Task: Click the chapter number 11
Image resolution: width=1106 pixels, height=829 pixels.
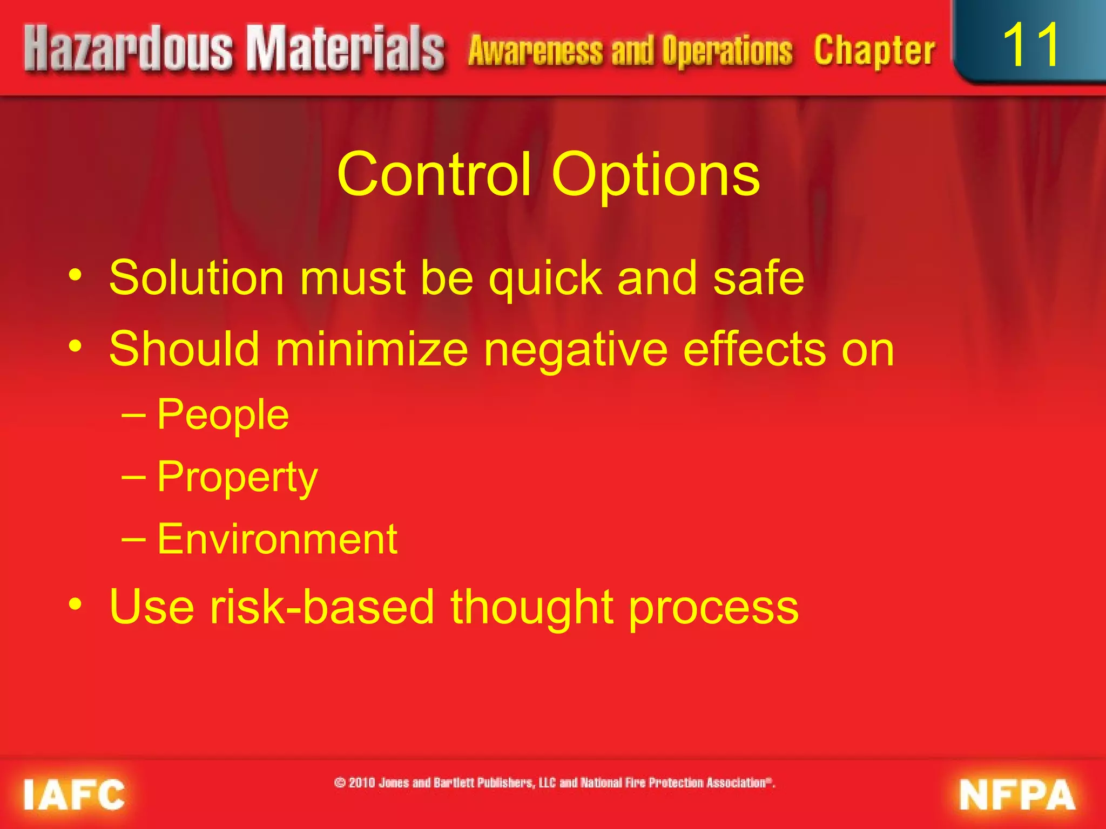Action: (1031, 45)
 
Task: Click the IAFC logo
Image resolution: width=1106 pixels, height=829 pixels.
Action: (75, 794)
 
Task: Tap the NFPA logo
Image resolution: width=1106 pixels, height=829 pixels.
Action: (1017, 794)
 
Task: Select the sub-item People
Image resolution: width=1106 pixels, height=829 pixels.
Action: (223, 414)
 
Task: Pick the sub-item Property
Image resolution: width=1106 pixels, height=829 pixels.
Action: (238, 478)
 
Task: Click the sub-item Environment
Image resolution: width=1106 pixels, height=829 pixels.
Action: (277, 539)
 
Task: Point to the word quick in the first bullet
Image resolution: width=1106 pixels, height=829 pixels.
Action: (545, 278)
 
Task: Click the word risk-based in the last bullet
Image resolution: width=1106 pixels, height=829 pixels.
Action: (322, 607)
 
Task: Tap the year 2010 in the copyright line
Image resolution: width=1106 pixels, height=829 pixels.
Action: (362, 783)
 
